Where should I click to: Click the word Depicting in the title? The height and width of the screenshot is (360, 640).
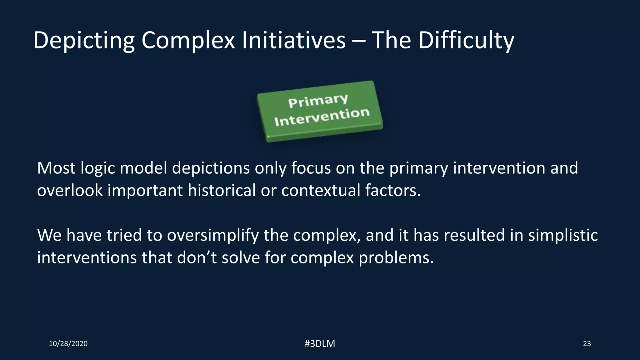click(84, 41)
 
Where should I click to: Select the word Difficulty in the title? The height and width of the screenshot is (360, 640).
click(466, 41)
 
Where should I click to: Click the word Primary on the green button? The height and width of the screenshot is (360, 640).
click(318, 100)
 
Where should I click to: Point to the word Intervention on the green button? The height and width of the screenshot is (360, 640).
click(322, 117)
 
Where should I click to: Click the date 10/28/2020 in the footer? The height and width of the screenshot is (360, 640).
click(68, 344)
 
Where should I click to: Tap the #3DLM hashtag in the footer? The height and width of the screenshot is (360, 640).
click(320, 344)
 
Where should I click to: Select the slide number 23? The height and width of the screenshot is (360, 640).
click(587, 344)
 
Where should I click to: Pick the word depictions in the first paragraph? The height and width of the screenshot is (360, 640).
click(211, 168)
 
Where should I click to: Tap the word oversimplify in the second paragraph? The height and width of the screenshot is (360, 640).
click(213, 235)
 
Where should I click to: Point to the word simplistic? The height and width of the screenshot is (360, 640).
click(563, 235)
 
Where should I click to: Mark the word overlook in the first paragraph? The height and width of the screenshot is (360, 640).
click(70, 190)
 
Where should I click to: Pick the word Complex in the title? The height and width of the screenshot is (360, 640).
click(188, 41)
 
